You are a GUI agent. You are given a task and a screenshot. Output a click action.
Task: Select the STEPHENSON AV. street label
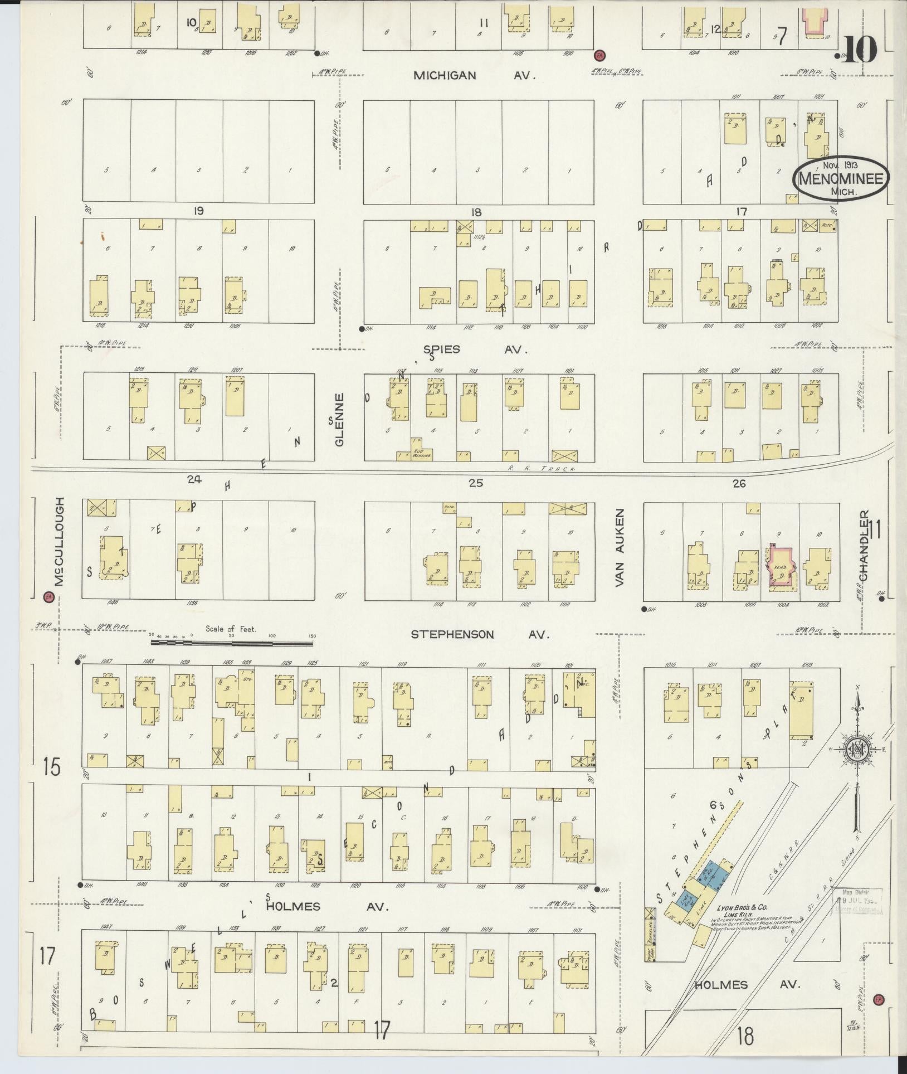[x=480, y=634]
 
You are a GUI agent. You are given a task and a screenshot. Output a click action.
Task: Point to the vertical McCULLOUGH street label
[x=59, y=541]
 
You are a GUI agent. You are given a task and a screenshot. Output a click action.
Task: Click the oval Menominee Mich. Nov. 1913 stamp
[x=841, y=178]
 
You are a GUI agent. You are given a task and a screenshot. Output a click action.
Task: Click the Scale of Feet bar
[x=231, y=642]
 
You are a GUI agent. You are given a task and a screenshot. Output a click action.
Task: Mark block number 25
[x=475, y=483]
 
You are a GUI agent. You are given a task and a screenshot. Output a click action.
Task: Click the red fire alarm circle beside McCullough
[x=47, y=597]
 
